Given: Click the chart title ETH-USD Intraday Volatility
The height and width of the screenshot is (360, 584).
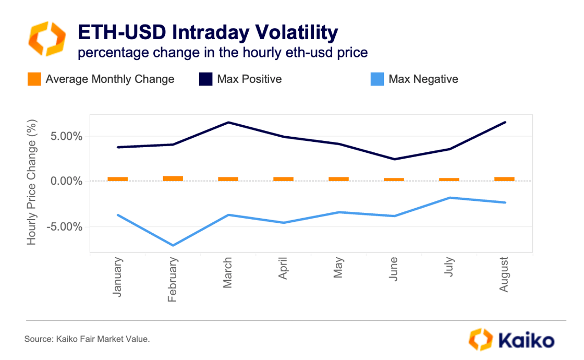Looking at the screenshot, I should [x=208, y=32].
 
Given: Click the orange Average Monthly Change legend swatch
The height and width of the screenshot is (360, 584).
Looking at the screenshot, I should [x=34, y=79].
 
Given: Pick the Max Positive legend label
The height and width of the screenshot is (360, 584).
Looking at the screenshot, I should [x=249, y=79].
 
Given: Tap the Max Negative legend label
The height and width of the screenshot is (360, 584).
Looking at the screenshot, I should [x=423, y=79].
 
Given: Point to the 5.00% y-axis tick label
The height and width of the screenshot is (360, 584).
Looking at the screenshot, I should [x=64, y=137].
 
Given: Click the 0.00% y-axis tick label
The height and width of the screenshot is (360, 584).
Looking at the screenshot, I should [x=64, y=182].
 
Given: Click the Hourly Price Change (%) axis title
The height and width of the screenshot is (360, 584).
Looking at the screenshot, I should [x=32, y=183].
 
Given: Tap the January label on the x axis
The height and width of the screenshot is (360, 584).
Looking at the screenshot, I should [x=118, y=277].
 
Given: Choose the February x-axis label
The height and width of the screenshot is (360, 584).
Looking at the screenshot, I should [x=173, y=280].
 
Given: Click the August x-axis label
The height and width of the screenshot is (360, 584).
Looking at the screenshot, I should [x=504, y=274].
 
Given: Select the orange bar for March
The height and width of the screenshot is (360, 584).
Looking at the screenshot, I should [x=228, y=179].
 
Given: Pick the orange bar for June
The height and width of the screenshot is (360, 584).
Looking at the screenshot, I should [x=394, y=179].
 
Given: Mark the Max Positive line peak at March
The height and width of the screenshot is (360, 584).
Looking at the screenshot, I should [x=228, y=123].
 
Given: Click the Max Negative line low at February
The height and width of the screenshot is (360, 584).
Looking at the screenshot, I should [x=173, y=245].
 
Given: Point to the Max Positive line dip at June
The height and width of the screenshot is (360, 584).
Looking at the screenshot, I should [x=394, y=159].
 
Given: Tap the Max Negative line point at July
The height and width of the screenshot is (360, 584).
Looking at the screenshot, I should [x=449, y=198].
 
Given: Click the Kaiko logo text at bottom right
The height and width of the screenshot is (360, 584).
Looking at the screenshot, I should [x=527, y=341].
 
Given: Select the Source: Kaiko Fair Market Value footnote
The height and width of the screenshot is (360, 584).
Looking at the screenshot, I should [x=87, y=340].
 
